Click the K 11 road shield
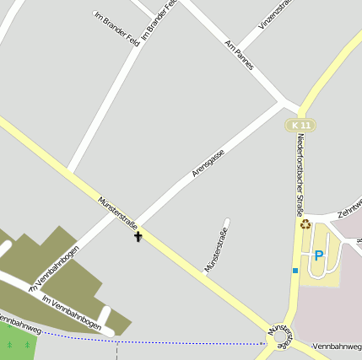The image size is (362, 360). [x=300, y=125]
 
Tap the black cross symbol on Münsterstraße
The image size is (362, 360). [x=138, y=236]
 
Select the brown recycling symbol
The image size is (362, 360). [x=305, y=224]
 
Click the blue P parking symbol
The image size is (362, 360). [x=319, y=255]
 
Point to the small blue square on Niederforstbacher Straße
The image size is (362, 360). [x=295, y=270]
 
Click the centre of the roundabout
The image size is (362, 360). [x=281, y=338]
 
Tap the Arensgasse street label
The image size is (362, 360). [x=208, y=161]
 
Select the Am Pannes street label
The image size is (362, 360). [x=240, y=53]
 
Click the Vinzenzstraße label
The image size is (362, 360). [x=276, y=14]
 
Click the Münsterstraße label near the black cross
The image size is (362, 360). [x=117, y=212]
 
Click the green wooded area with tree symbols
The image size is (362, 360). [x=19, y=342]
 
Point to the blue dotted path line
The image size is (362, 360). [x=169, y=341]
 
